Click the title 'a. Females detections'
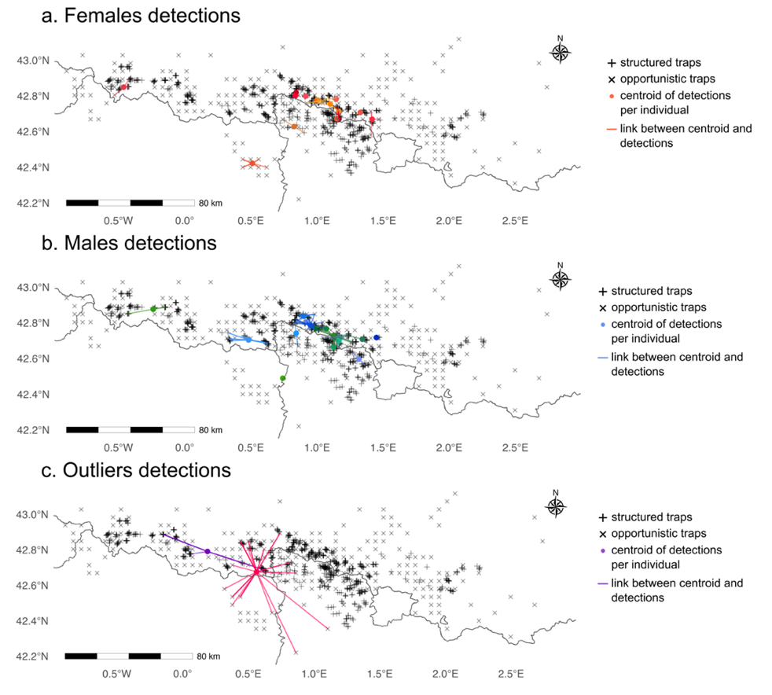click(x=141, y=15)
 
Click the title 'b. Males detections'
click(x=130, y=243)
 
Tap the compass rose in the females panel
click(x=560, y=51)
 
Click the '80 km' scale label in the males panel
click(x=211, y=430)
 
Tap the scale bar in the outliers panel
click(x=128, y=656)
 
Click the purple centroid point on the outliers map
click(x=207, y=551)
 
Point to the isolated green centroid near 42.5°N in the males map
click(x=282, y=379)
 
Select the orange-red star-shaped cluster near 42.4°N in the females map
click(x=252, y=163)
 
